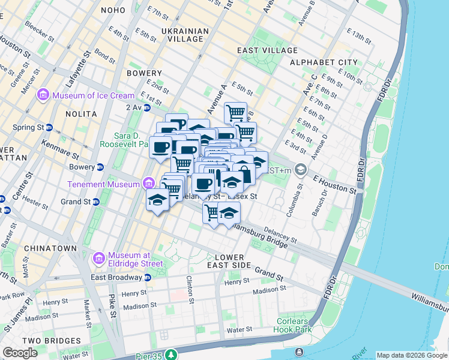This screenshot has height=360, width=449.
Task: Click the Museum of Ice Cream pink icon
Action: [x=43, y=95]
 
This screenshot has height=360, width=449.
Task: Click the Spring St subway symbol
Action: [x=49, y=128]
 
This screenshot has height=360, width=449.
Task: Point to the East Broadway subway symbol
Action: [x=147, y=277]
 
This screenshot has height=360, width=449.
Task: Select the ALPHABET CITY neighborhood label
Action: [x=324, y=62]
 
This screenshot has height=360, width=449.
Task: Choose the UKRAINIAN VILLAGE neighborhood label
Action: [x=185, y=35]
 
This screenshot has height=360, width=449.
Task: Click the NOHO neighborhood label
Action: [x=113, y=10]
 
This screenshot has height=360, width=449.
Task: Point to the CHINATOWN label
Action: [x=50, y=248]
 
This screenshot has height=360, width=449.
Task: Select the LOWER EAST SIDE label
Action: [x=224, y=261]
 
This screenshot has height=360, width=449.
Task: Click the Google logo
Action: [x=20, y=353]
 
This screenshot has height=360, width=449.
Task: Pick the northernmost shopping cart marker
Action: [x=235, y=112]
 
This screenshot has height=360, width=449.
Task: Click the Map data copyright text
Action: [x=412, y=355]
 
